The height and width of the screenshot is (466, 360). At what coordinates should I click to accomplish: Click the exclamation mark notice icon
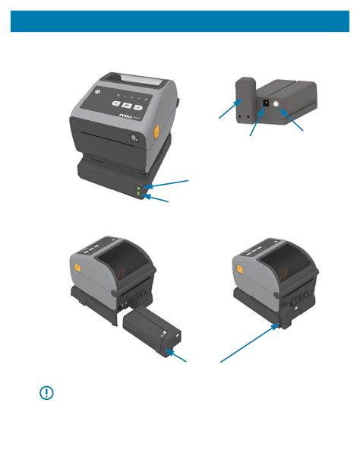click(x=46, y=394)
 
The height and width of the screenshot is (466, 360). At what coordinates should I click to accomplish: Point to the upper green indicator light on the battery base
click(x=137, y=187)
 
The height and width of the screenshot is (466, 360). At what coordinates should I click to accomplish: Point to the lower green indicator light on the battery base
click(x=137, y=195)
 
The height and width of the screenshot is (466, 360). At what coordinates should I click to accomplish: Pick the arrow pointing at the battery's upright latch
click(x=226, y=111)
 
